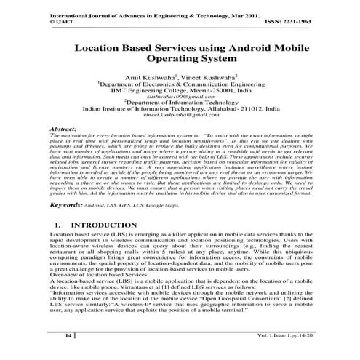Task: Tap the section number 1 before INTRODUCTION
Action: coord(56,226)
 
